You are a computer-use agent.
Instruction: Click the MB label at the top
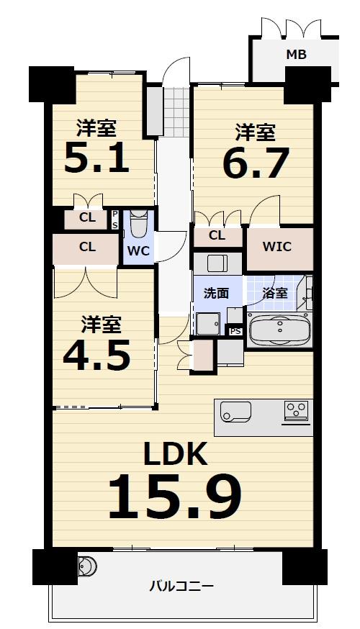(x=296, y=54)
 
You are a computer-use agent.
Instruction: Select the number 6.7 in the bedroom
(x=255, y=163)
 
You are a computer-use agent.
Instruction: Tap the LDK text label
(x=175, y=454)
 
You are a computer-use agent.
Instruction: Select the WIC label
(x=276, y=247)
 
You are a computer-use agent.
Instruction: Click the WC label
(x=138, y=251)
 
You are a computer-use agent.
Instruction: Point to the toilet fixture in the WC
(x=138, y=225)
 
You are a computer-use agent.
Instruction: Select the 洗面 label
(x=216, y=293)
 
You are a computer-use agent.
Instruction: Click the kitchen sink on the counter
(x=235, y=412)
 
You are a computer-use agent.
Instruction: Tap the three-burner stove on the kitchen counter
(x=296, y=410)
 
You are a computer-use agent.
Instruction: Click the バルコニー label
(x=181, y=586)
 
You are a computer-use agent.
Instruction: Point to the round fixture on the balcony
(x=86, y=566)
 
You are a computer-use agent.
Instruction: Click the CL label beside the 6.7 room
(x=217, y=235)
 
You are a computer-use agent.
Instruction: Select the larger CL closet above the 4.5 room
(x=86, y=247)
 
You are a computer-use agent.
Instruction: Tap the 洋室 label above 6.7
(x=256, y=132)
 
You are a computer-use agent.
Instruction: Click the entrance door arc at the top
(x=176, y=72)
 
